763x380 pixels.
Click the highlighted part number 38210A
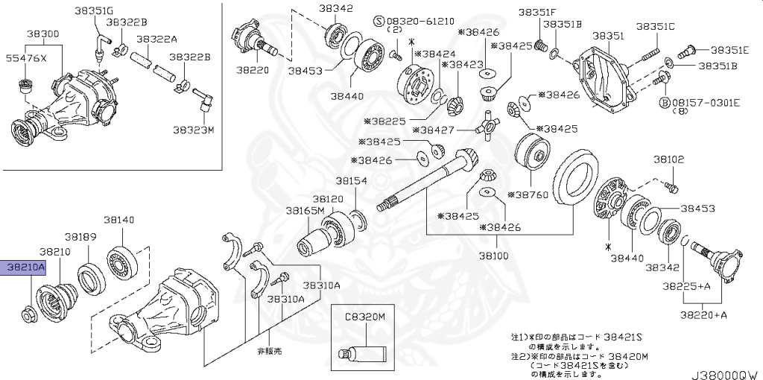[25, 266]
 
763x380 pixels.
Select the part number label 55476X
[26, 57]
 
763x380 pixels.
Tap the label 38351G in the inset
[95, 11]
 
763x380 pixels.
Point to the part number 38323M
[194, 129]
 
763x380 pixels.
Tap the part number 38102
[668, 159]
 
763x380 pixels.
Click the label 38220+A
[703, 315]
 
